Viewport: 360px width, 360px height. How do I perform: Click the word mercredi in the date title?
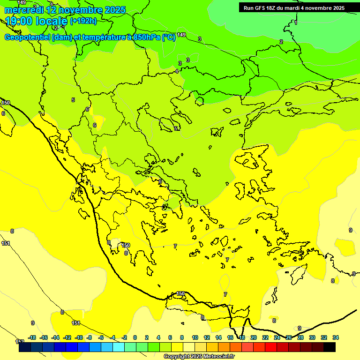pyautogui.click(x=24, y=10)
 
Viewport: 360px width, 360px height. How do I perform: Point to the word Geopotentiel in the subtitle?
pyautogui.click(x=27, y=37)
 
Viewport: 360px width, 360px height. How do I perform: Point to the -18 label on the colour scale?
pyautogui.click(x=32, y=337)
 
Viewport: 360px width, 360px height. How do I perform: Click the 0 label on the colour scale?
pyautogui.click(x=135, y=337)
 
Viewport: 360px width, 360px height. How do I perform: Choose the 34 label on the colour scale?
pyautogui.click(x=335, y=337)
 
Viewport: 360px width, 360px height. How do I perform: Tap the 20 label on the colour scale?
pyautogui.click(x=253, y=337)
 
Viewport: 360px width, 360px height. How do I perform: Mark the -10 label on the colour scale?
pyautogui.click(x=78, y=337)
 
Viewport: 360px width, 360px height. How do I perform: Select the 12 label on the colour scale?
pyautogui.click(x=207, y=337)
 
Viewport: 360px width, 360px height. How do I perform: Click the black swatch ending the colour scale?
pyautogui.click(x=329, y=347)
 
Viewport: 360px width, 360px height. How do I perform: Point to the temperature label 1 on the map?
pyautogui.click(x=296, y=22)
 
